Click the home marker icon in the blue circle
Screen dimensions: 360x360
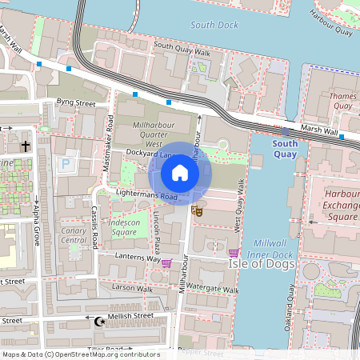click(x=180, y=172)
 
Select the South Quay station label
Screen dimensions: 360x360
click(x=285, y=149)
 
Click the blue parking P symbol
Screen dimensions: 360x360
click(x=66, y=164)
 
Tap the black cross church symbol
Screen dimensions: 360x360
click(x=26, y=146)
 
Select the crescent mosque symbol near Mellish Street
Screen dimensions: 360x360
click(x=99, y=321)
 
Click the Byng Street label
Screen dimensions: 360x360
click(x=76, y=103)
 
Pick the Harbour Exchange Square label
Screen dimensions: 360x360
click(x=342, y=206)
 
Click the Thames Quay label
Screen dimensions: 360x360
click(x=342, y=101)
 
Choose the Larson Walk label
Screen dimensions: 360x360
click(x=132, y=286)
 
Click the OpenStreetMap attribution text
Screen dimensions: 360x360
click(x=80, y=354)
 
